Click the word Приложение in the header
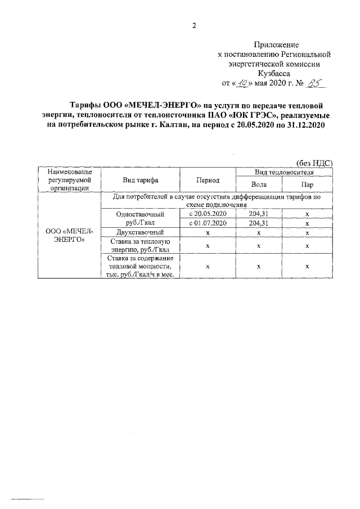click(x=276, y=44)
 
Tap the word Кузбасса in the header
click(x=276, y=73)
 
